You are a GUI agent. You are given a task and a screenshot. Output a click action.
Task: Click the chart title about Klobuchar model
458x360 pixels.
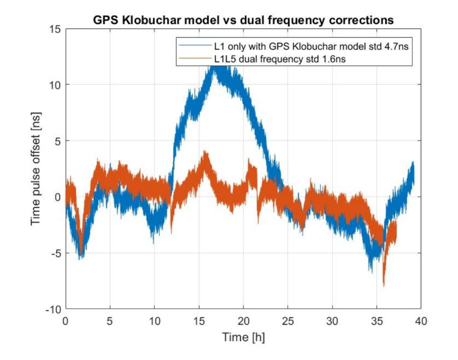pyautogui.click(x=243, y=20)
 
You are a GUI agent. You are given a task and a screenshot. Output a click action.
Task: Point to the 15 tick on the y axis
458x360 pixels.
pyautogui.click(x=55, y=29)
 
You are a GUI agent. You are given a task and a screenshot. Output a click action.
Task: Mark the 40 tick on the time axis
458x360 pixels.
pyautogui.click(x=421, y=320)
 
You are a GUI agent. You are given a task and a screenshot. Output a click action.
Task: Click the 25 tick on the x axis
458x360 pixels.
pyautogui.click(x=288, y=320)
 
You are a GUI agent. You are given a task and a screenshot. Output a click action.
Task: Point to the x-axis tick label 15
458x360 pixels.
pyautogui.click(x=199, y=320)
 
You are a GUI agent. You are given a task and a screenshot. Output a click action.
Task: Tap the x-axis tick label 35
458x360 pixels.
pyautogui.click(x=377, y=320)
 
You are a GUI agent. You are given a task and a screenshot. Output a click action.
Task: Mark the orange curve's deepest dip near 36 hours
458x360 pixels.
pyautogui.click(x=384, y=285)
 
